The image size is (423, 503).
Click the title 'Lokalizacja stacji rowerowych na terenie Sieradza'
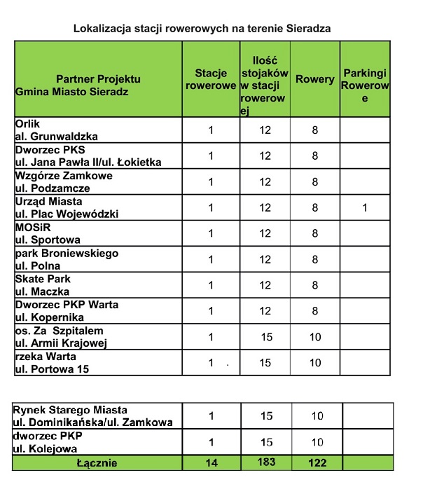click(202, 29)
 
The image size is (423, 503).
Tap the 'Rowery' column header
click(315, 79)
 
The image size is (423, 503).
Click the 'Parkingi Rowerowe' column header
click(364, 85)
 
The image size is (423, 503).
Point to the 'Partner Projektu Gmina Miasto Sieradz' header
click(98, 85)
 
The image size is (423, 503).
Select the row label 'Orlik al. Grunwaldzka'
click(57, 130)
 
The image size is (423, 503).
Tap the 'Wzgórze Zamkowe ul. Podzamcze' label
click(64, 181)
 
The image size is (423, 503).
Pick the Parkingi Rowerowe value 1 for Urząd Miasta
click(364, 207)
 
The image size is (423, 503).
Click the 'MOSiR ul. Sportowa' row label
click(48, 233)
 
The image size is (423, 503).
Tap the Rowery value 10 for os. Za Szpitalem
click(315, 337)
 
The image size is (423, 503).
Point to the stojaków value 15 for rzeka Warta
click(265, 363)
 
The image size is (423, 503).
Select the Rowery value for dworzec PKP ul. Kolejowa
click(317, 442)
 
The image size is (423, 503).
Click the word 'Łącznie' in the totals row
click(97, 463)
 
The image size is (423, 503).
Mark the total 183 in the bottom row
click(265, 462)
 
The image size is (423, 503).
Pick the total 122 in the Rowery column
click(316, 463)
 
